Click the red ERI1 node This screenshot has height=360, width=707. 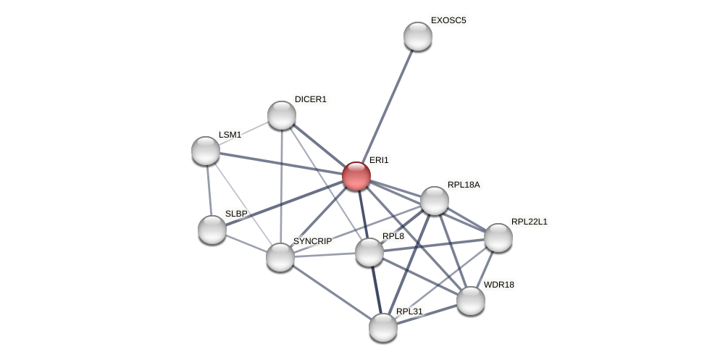click(356, 176)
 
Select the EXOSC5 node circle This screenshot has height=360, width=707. click(418, 36)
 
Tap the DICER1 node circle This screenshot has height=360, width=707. click(282, 115)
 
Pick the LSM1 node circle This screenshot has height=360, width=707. click(206, 151)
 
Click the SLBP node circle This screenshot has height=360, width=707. click(212, 230)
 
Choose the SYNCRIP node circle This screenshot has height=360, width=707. click(280, 257)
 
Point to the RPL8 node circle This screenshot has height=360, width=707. click(369, 252)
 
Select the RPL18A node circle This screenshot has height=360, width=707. click(435, 201)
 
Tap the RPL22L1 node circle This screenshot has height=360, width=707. click(498, 238)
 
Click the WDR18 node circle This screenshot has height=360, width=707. click(471, 301)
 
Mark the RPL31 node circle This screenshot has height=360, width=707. click(383, 327)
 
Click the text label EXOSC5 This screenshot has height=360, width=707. click(448, 20)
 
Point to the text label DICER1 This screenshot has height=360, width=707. click(310, 99)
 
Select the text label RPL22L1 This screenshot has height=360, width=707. click(529, 222)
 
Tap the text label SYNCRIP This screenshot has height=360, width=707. click(312, 241)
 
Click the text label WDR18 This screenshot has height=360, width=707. click(498, 285)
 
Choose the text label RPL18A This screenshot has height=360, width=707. click(463, 185)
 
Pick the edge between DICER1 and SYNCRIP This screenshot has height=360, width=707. click(281, 185)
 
